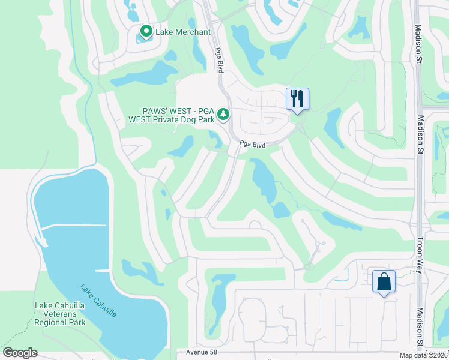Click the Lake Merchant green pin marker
[145, 31]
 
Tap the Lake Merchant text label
[183, 32]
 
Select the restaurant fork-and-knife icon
[297, 98]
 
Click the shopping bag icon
[384, 281]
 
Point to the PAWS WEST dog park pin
[223, 113]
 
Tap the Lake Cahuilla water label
[98, 301]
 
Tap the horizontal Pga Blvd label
[252, 145]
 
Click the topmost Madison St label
[418, 44]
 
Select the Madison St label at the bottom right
[420, 328]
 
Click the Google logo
[20, 353]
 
